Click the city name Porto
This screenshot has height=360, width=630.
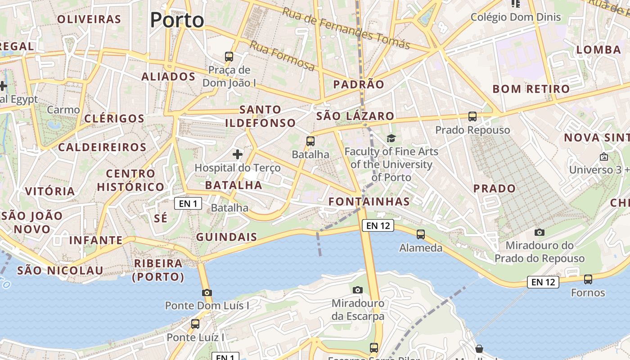(x=177, y=20)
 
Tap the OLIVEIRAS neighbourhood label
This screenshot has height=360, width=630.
(x=89, y=19)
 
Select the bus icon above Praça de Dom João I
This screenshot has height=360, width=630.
(x=229, y=57)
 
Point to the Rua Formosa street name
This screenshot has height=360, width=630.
(x=282, y=56)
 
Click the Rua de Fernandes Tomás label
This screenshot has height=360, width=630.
(x=346, y=28)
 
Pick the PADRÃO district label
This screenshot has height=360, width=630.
(x=359, y=84)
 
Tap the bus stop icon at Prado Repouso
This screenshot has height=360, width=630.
(x=472, y=117)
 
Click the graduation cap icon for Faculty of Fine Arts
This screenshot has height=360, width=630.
(x=391, y=138)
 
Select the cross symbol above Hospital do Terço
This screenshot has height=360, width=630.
(x=238, y=155)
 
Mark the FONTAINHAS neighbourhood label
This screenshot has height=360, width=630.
(x=369, y=202)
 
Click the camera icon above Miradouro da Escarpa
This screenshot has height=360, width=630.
(x=358, y=290)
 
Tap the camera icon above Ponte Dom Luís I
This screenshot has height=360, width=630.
(x=207, y=292)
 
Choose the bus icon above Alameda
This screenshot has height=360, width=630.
(x=421, y=234)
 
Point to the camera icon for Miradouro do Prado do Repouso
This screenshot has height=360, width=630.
(x=539, y=232)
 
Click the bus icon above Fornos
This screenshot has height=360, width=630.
(x=588, y=279)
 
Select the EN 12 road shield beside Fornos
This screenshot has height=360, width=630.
(x=543, y=282)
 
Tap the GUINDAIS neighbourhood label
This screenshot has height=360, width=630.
(x=226, y=237)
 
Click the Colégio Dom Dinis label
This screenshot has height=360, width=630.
(x=516, y=17)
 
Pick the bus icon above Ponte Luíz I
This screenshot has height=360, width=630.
(x=195, y=324)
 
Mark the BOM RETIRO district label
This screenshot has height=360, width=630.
(x=531, y=89)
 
